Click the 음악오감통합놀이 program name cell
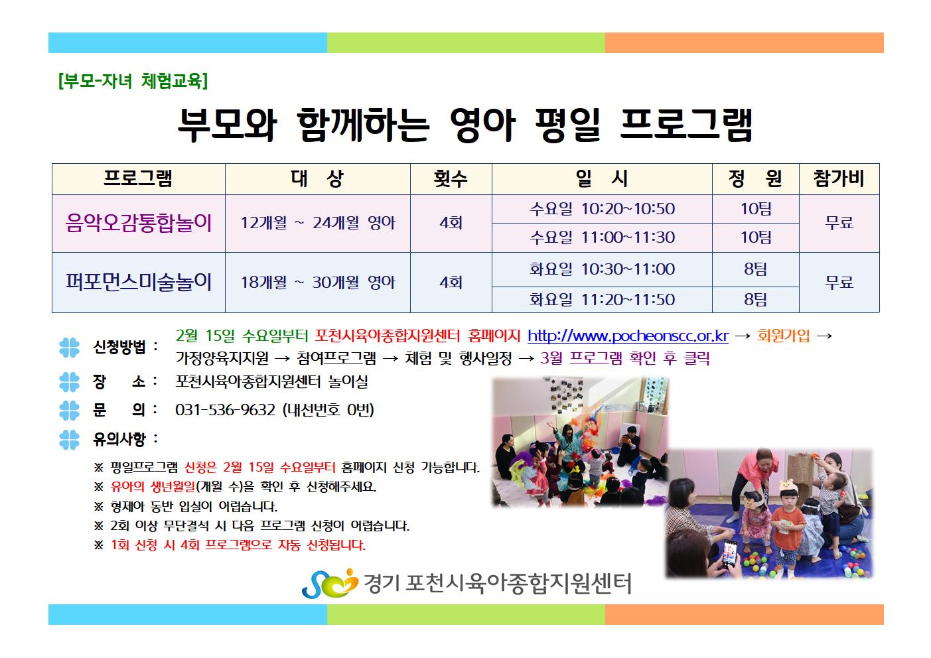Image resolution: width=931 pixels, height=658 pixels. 139,223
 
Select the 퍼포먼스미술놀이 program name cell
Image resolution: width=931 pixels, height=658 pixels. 139,282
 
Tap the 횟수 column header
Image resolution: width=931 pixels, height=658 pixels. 451,178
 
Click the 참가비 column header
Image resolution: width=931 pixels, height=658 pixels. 839,178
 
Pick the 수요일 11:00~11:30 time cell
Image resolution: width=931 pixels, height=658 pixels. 602,237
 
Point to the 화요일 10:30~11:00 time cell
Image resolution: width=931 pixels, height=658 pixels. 602,269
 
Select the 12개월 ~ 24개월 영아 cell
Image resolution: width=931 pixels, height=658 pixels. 318,223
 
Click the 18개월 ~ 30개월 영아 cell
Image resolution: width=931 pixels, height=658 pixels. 318,282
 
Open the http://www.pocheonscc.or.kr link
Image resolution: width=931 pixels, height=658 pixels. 628,336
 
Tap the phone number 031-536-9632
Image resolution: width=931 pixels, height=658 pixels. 225,410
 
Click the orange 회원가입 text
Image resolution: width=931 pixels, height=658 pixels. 784,335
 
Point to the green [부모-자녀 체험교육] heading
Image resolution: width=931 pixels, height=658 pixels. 133,80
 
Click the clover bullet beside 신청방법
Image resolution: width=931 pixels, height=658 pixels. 69,348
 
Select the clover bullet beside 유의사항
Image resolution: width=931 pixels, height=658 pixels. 69,440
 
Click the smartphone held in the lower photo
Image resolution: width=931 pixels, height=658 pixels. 730,554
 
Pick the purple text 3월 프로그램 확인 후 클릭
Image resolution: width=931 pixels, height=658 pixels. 624,358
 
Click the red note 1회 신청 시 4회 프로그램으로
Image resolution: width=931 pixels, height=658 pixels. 238,545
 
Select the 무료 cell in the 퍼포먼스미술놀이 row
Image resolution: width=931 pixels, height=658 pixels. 839,282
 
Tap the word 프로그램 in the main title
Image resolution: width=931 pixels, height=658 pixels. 686,125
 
